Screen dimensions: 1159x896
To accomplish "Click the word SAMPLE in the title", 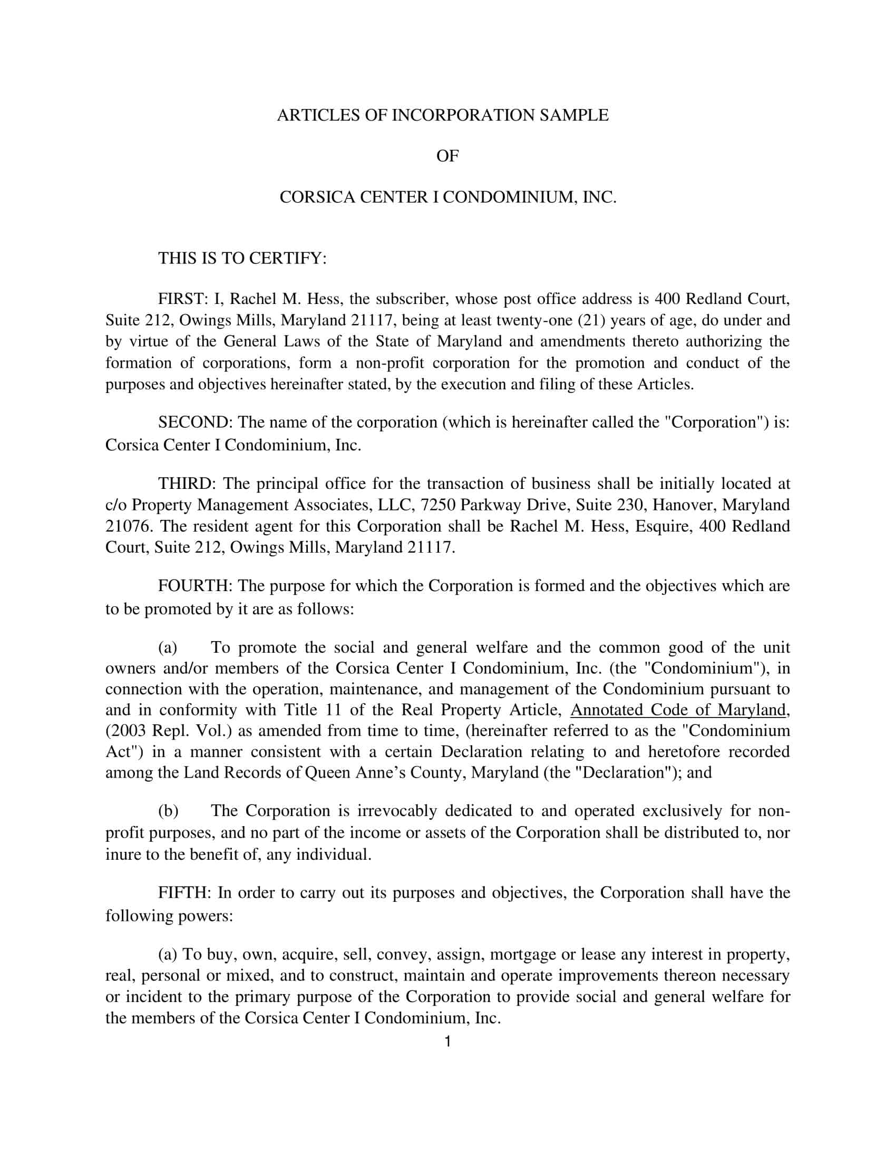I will (x=574, y=115).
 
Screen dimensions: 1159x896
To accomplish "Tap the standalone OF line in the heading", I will (x=447, y=156).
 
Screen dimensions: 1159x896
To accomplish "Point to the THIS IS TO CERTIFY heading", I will (x=242, y=259).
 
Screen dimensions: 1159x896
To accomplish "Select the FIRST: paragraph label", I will (x=182, y=299).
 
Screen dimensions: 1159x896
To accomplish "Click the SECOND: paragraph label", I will (x=193, y=423).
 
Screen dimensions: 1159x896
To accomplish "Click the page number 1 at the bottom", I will (x=447, y=1042).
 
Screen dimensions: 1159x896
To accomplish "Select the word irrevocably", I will (x=396, y=811).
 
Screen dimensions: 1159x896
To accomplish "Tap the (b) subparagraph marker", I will (x=168, y=811).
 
